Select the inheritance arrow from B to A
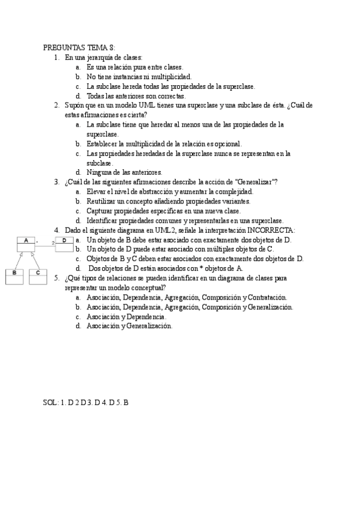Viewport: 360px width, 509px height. pos(18,261)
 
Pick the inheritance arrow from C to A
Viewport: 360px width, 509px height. pos(34,261)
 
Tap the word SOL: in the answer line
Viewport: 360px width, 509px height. pos(51,402)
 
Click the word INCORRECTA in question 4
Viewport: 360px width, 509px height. pos(271,230)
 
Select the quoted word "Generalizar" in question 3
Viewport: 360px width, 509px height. pos(256,182)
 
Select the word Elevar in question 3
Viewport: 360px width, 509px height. pos(96,191)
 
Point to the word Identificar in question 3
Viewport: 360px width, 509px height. pos(103,220)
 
